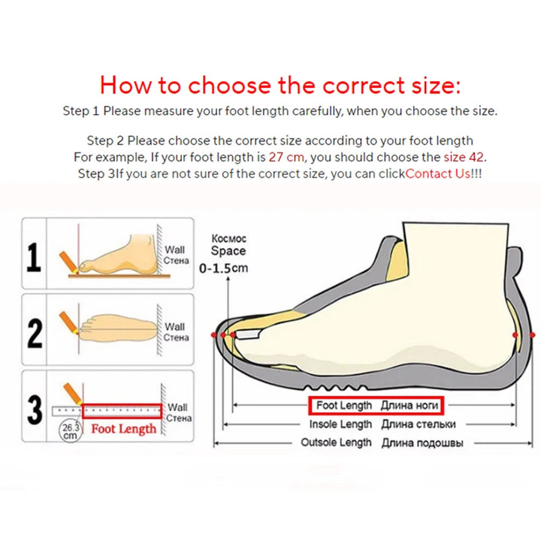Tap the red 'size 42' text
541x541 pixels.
click(x=465, y=158)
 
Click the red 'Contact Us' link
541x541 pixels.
click(x=438, y=174)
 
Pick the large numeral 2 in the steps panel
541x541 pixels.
click(x=35, y=331)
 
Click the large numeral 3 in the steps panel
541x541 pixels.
click(x=35, y=410)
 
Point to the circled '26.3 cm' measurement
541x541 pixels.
click(x=69, y=431)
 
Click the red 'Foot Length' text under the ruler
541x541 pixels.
click(x=124, y=429)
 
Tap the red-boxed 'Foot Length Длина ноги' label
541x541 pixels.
click(x=376, y=406)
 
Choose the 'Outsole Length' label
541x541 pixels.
click(x=336, y=443)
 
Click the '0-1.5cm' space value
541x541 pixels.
click(x=223, y=267)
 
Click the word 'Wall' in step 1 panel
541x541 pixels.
click(x=175, y=249)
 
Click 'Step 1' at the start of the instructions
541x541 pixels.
click(x=80, y=111)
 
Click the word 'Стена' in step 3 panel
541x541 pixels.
click(x=179, y=418)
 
